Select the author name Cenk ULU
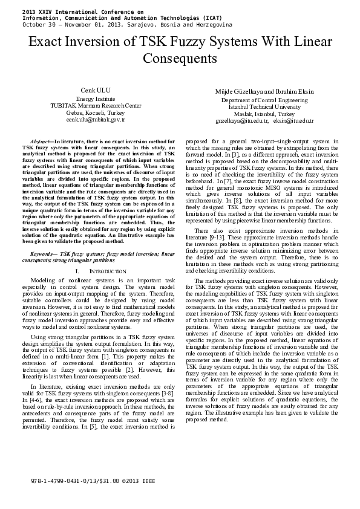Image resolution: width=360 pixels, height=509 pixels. pyautogui.click(x=95, y=90)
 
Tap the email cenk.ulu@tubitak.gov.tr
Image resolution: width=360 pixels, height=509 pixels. pyautogui.click(x=96, y=120)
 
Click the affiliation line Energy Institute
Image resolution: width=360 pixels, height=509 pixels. pyautogui.click(x=96, y=99)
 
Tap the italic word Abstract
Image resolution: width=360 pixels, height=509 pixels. pyautogui.click(x=40, y=140)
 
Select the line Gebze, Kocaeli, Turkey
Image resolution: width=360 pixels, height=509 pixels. pyautogui.click(x=96, y=113)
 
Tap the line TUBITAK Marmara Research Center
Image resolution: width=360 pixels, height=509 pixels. pyautogui.click(x=96, y=106)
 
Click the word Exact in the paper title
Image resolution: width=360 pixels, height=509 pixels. pyautogui.click(x=47, y=42)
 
